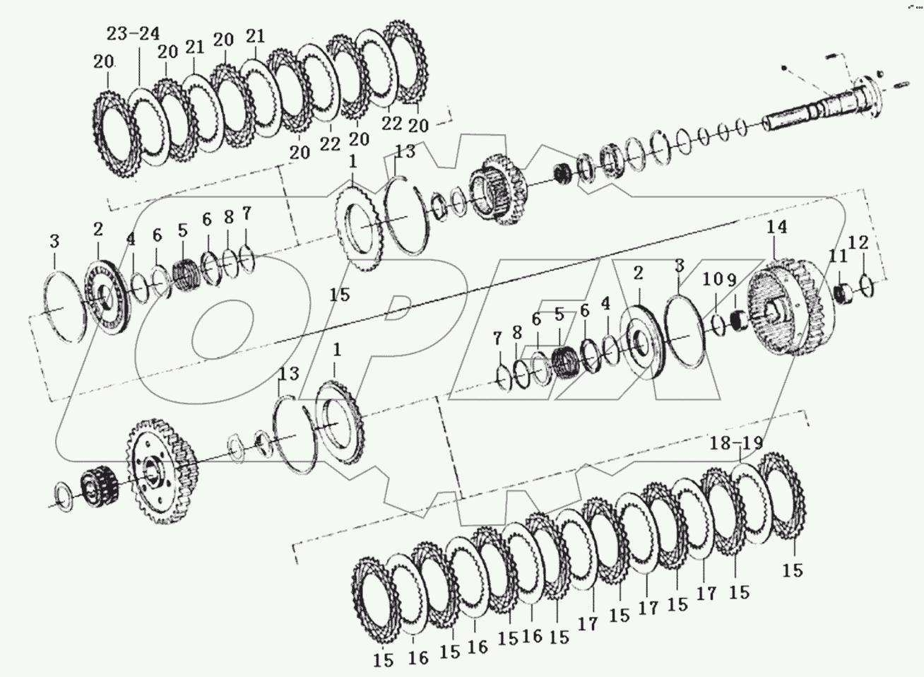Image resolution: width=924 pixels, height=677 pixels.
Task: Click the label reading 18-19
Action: click(x=737, y=444)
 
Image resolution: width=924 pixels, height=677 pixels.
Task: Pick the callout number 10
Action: click(x=713, y=280)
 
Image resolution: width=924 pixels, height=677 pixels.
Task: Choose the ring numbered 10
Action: click(x=717, y=326)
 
